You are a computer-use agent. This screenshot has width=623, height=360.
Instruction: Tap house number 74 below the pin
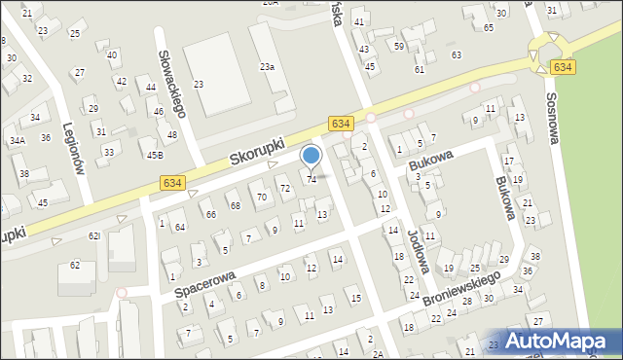tap(311, 179)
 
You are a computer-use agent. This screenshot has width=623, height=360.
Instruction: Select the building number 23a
tap(266, 66)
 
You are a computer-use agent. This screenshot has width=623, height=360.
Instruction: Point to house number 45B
tap(154, 155)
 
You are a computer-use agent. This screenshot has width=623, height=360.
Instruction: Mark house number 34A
tap(17, 140)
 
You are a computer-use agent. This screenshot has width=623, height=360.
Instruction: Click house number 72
tap(285, 188)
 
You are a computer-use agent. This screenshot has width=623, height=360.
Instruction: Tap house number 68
tap(235, 205)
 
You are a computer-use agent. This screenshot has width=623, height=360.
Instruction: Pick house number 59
tap(399, 46)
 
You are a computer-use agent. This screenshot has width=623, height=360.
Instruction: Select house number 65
tap(488, 27)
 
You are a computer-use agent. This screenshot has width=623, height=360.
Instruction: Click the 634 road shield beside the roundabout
tap(561, 67)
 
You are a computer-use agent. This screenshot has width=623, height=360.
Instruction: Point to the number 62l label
tap(93, 235)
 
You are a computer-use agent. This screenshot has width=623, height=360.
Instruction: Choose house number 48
tap(172, 134)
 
